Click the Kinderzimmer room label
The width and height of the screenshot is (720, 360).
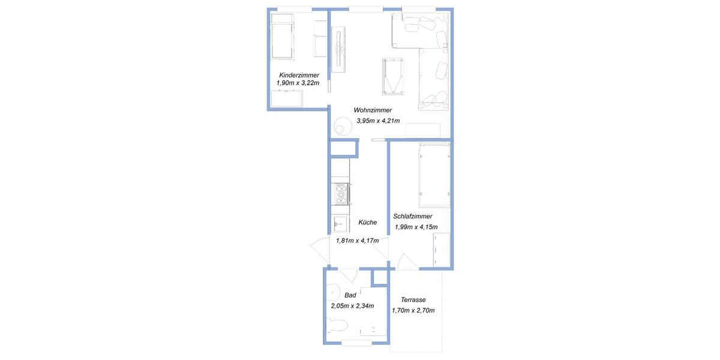(x=299, y=74)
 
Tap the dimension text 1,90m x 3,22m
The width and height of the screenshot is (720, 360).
(x=298, y=83)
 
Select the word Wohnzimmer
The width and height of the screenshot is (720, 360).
(x=373, y=110)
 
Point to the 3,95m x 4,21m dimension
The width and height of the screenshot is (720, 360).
(x=378, y=121)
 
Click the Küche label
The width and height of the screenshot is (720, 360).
(x=368, y=222)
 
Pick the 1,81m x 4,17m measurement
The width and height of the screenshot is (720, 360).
(x=357, y=241)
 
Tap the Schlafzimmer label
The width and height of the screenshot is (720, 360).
(x=413, y=216)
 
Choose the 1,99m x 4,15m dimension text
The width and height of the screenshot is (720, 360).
(x=416, y=227)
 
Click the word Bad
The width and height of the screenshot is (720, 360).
(x=350, y=295)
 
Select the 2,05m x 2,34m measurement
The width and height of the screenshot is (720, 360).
(x=352, y=305)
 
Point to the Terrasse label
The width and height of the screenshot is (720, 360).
(x=413, y=300)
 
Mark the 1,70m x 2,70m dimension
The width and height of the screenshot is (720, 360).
(x=413, y=310)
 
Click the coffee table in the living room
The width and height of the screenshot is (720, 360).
(x=392, y=76)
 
